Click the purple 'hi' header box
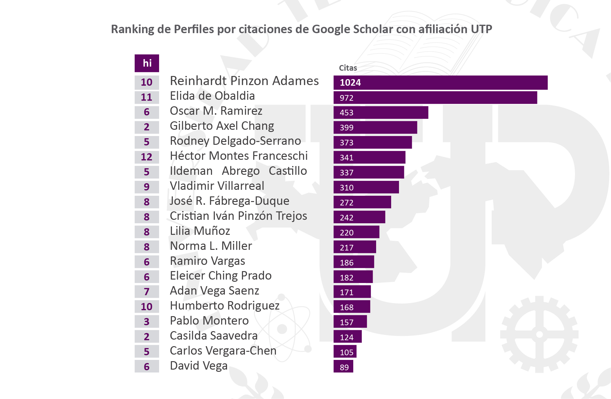147,63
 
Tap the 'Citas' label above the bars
348,68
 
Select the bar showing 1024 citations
440,83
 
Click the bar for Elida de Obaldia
435,98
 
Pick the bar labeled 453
381,113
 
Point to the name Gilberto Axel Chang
222,126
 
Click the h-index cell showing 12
147,157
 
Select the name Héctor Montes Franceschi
239,156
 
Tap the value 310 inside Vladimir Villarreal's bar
346,188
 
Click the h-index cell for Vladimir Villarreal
147,187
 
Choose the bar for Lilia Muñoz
356,232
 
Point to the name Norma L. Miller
211,246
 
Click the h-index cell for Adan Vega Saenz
147,291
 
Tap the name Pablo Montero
209,321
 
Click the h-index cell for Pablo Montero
147,321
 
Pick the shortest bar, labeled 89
343,367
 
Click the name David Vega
199,366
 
